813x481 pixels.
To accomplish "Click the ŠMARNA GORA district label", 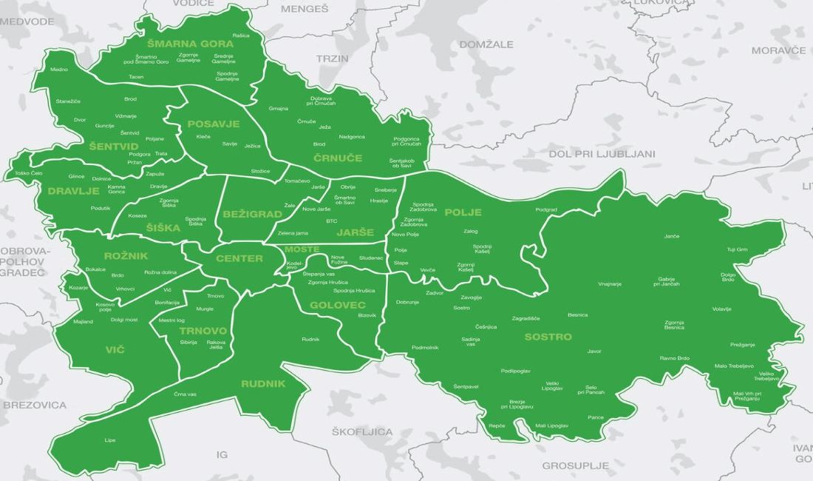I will point(190,44).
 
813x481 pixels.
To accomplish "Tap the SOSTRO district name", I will point(548,337).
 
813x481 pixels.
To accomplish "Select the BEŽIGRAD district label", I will point(251,214).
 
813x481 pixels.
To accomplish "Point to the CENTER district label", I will point(239,258).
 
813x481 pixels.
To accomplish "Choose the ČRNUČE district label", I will point(338,158).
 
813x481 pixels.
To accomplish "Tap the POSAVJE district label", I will point(213,124).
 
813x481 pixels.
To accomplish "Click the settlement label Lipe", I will point(110,440).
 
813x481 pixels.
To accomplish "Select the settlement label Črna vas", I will point(186,394).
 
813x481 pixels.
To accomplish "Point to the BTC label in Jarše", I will point(331,221).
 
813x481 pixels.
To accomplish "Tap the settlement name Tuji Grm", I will point(737,249).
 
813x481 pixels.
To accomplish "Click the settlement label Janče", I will point(671,236).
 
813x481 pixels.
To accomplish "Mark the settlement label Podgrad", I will point(546,209).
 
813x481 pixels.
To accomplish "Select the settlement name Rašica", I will point(240,36).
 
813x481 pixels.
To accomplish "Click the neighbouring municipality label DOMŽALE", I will point(486,44).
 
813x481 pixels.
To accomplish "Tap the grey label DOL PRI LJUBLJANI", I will point(602,154).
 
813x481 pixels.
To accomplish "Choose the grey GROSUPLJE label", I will point(575,465).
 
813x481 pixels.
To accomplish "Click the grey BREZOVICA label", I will point(35,405).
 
